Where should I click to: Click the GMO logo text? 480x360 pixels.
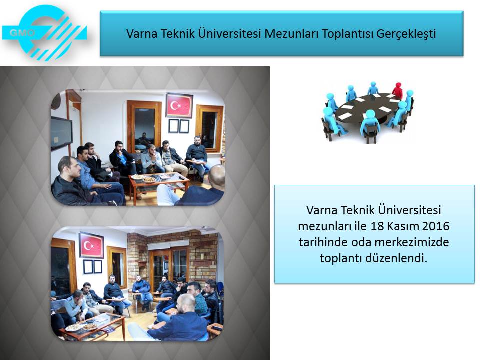click(22, 32)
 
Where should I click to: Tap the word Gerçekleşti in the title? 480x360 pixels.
click(406, 34)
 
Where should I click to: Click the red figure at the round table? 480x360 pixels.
click(397, 90)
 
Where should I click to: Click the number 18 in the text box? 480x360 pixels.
click(377, 226)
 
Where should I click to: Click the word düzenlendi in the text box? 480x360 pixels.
click(394, 258)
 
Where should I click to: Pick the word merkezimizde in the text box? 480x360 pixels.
click(411, 242)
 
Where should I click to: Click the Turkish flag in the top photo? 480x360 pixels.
click(179, 105)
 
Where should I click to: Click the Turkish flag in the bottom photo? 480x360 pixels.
click(91, 245)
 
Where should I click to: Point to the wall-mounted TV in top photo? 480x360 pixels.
click(61, 133)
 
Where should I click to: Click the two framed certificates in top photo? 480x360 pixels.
click(179, 126)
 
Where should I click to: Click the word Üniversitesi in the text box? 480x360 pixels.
click(409, 210)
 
